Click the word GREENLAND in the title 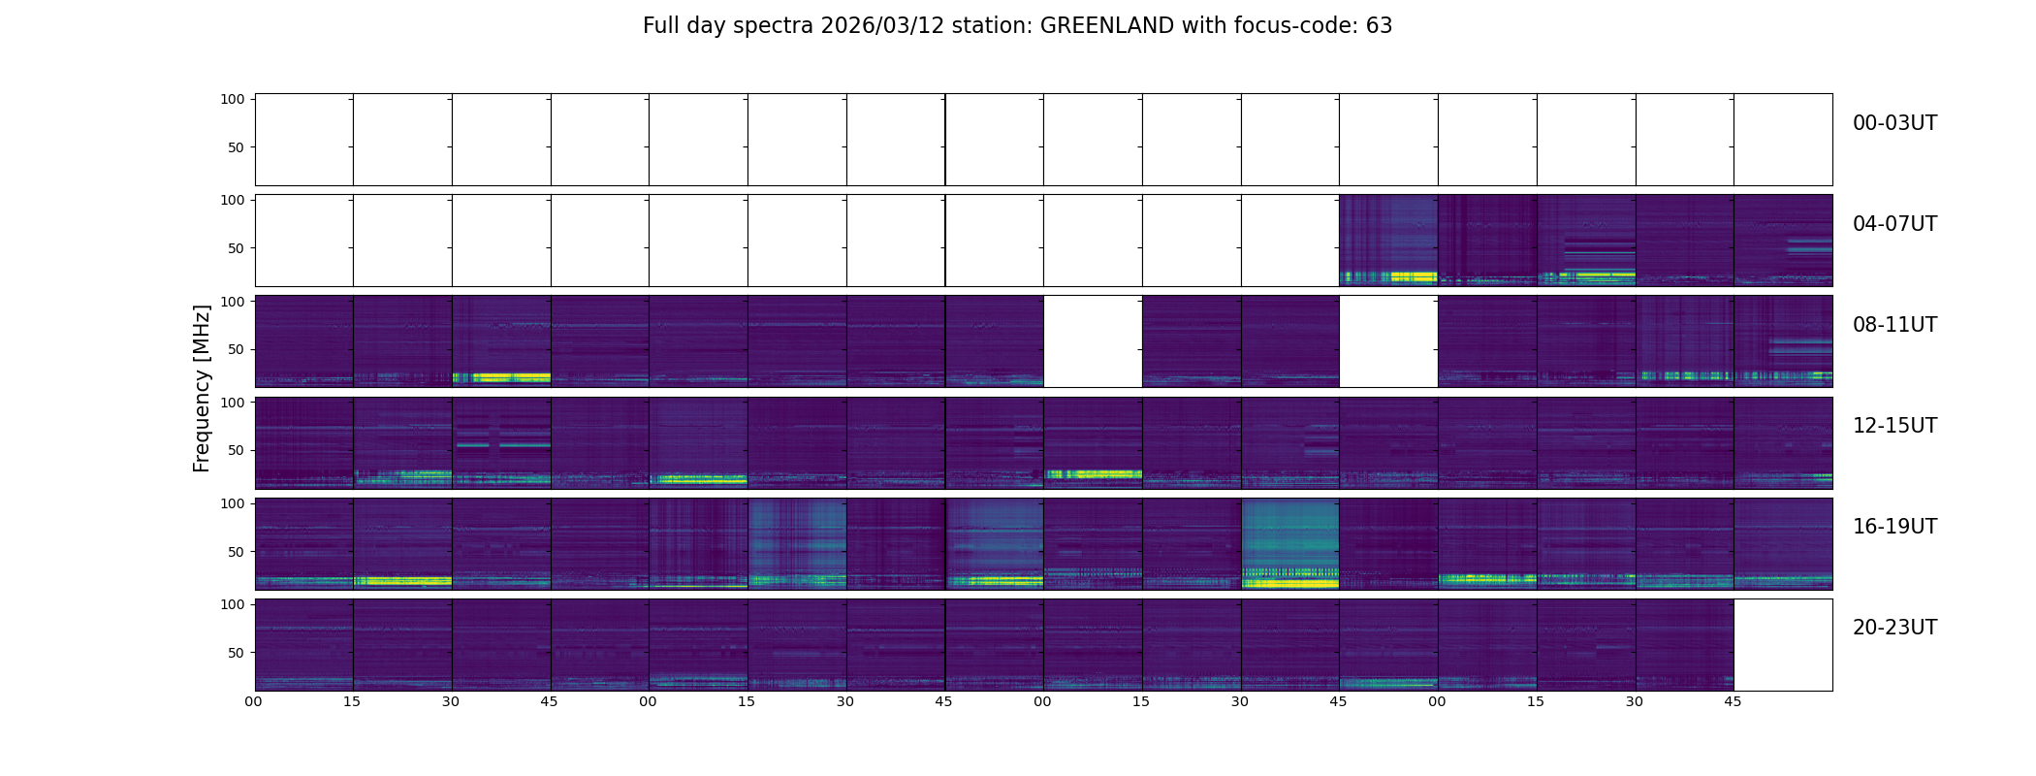[x=1107, y=26]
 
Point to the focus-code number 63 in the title [x=1379, y=26]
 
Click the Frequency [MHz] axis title [x=202, y=388]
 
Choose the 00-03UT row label [x=1894, y=123]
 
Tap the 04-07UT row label [x=1894, y=224]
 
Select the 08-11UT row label [x=1894, y=325]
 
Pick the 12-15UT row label [x=1894, y=426]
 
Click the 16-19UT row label [x=1894, y=527]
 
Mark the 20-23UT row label [x=1894, y=628]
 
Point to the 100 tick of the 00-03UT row [x=233, y=99]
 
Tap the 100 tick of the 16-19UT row [x=233, y=503]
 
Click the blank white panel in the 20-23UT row [x=1782, y=645]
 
